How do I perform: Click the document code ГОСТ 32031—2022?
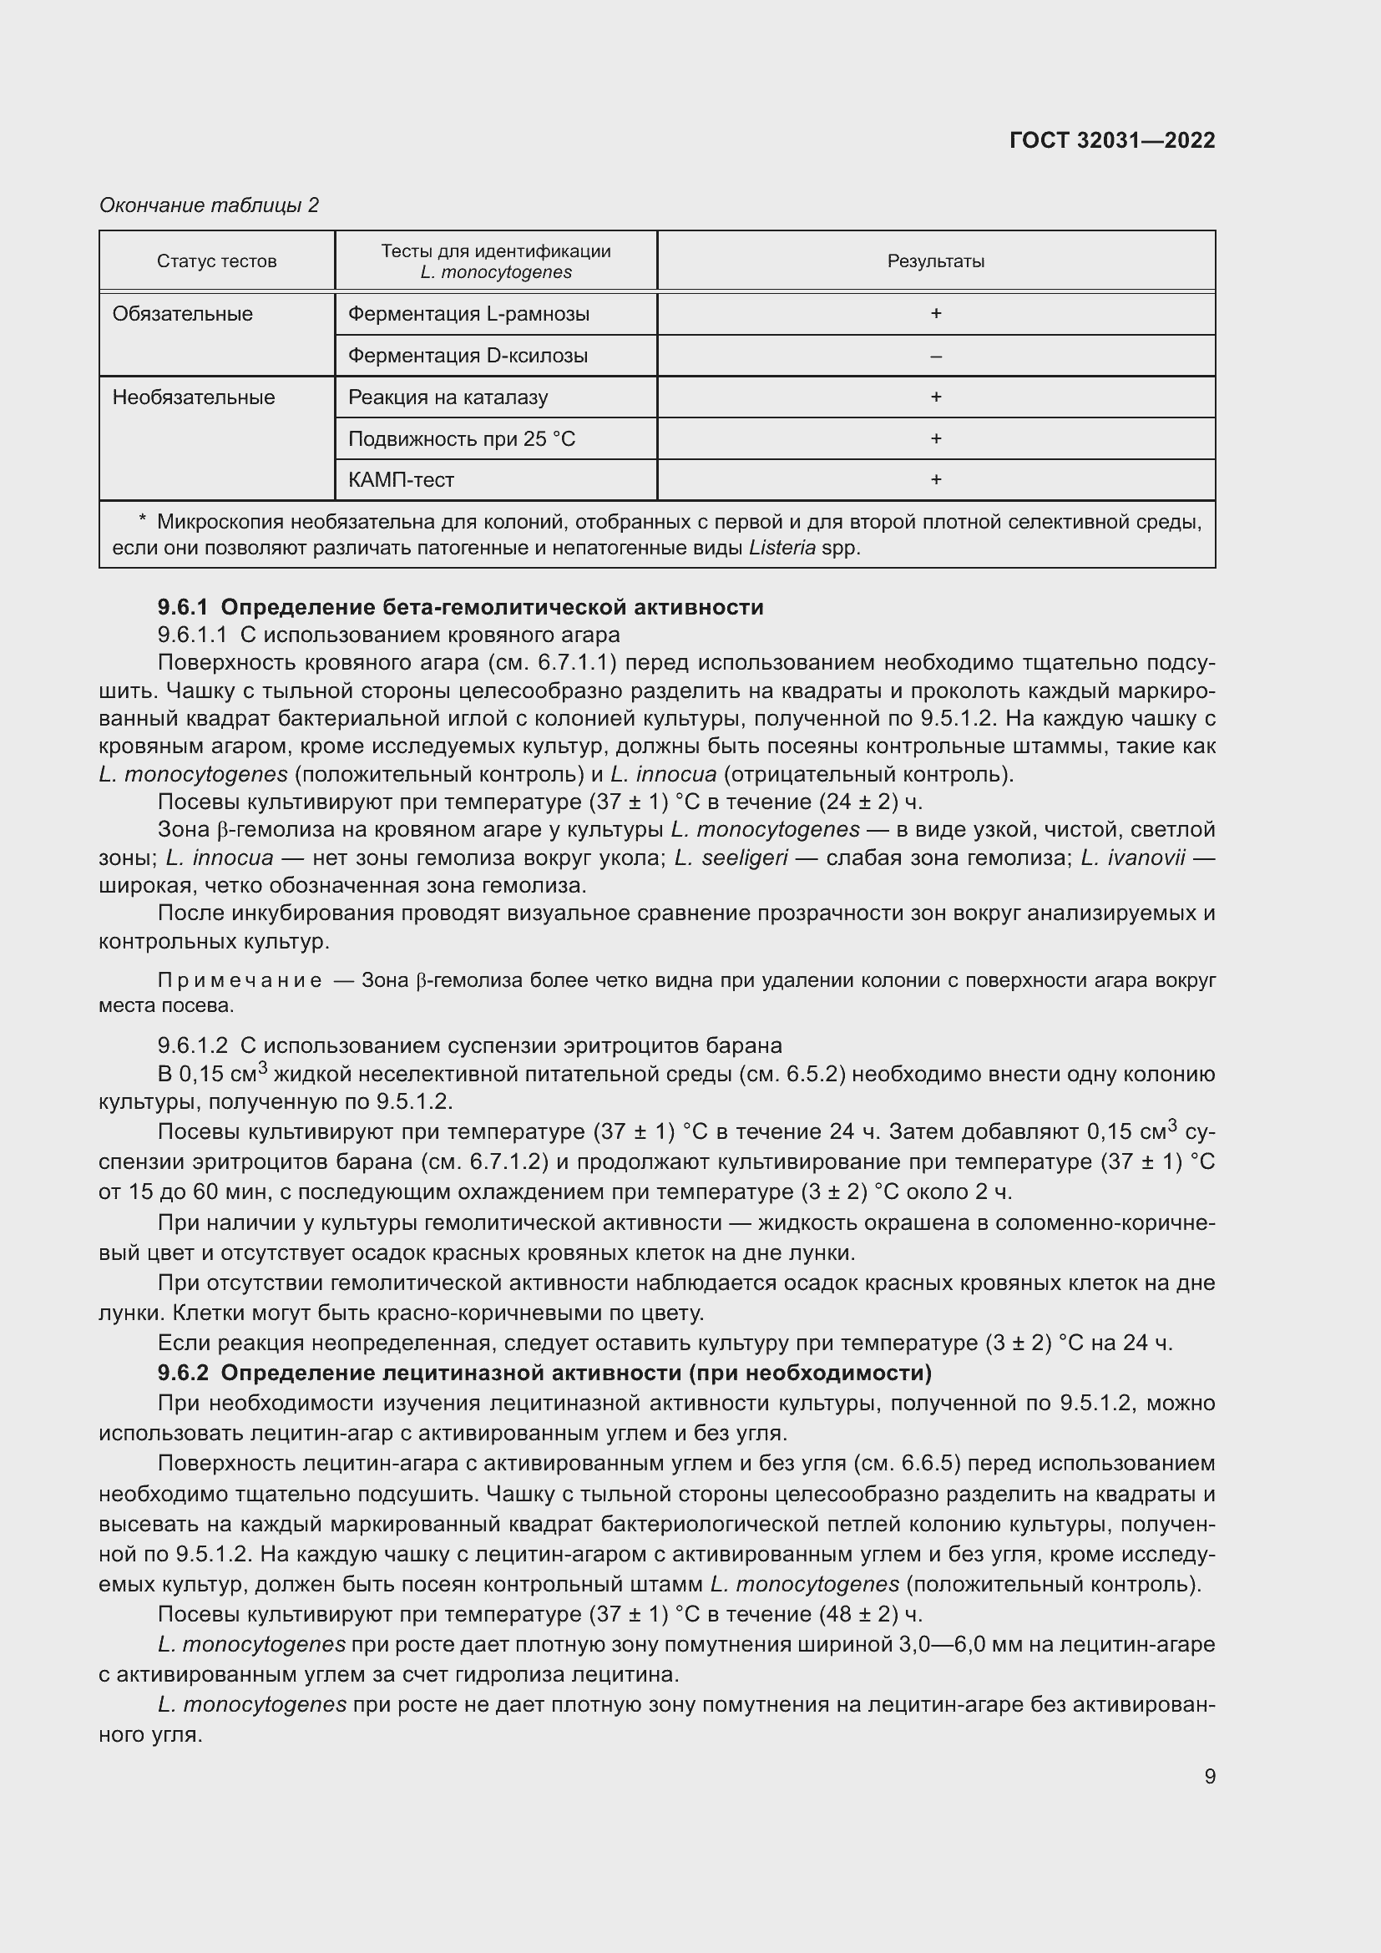pos(1111,140)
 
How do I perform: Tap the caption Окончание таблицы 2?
pos(209,205)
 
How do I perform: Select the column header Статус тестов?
pos(217,261)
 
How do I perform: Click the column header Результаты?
pos(935,261)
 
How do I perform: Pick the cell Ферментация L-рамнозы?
pos(468,314)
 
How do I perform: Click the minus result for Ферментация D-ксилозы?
pos(935,356)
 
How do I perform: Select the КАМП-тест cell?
pos(402,480)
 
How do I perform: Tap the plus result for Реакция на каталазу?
pos(935,397)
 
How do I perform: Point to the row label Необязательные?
pos(193,397)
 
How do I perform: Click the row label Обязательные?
pos(182,314)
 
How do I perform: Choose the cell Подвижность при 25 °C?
pos(462,439)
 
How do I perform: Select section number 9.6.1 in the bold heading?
pos(183,607)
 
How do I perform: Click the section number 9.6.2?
pos(183,1373)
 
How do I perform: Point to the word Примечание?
pos(240,981)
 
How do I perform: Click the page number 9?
pos(1209,1777)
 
